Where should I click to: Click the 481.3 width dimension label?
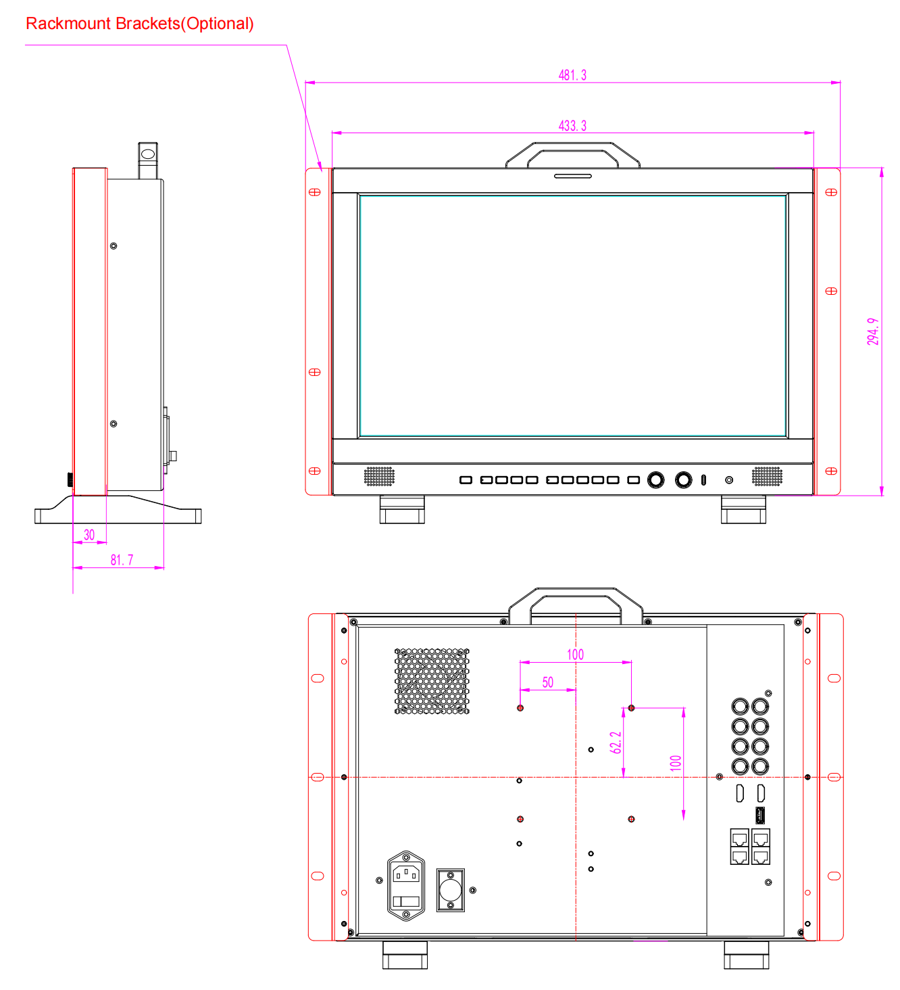572,75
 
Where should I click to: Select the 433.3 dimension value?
572,126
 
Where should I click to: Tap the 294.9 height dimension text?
872,331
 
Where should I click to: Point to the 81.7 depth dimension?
122,560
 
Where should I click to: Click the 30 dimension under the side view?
89,534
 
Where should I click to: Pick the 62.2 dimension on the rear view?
616,742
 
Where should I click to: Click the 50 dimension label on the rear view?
547,682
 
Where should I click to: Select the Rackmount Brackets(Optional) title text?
140,24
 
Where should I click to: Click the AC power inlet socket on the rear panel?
406,885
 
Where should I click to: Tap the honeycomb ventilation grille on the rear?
432,681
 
